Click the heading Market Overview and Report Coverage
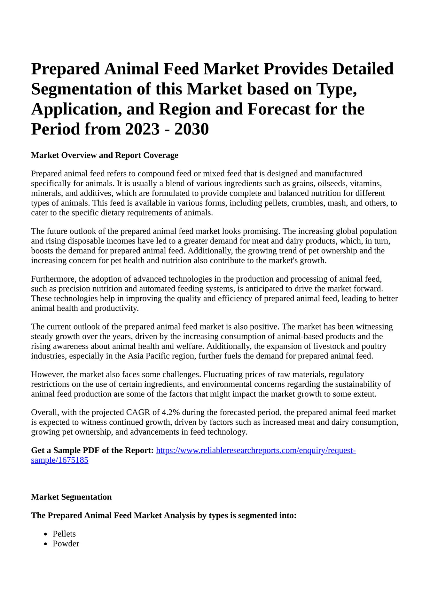click(105, 156)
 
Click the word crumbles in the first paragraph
click(305, 203)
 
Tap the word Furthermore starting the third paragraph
click(53, 279)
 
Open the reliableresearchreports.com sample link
click(255, 451)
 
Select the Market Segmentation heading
click(71, 497)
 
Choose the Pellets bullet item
click(64, 534)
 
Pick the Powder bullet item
click(66, 544)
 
